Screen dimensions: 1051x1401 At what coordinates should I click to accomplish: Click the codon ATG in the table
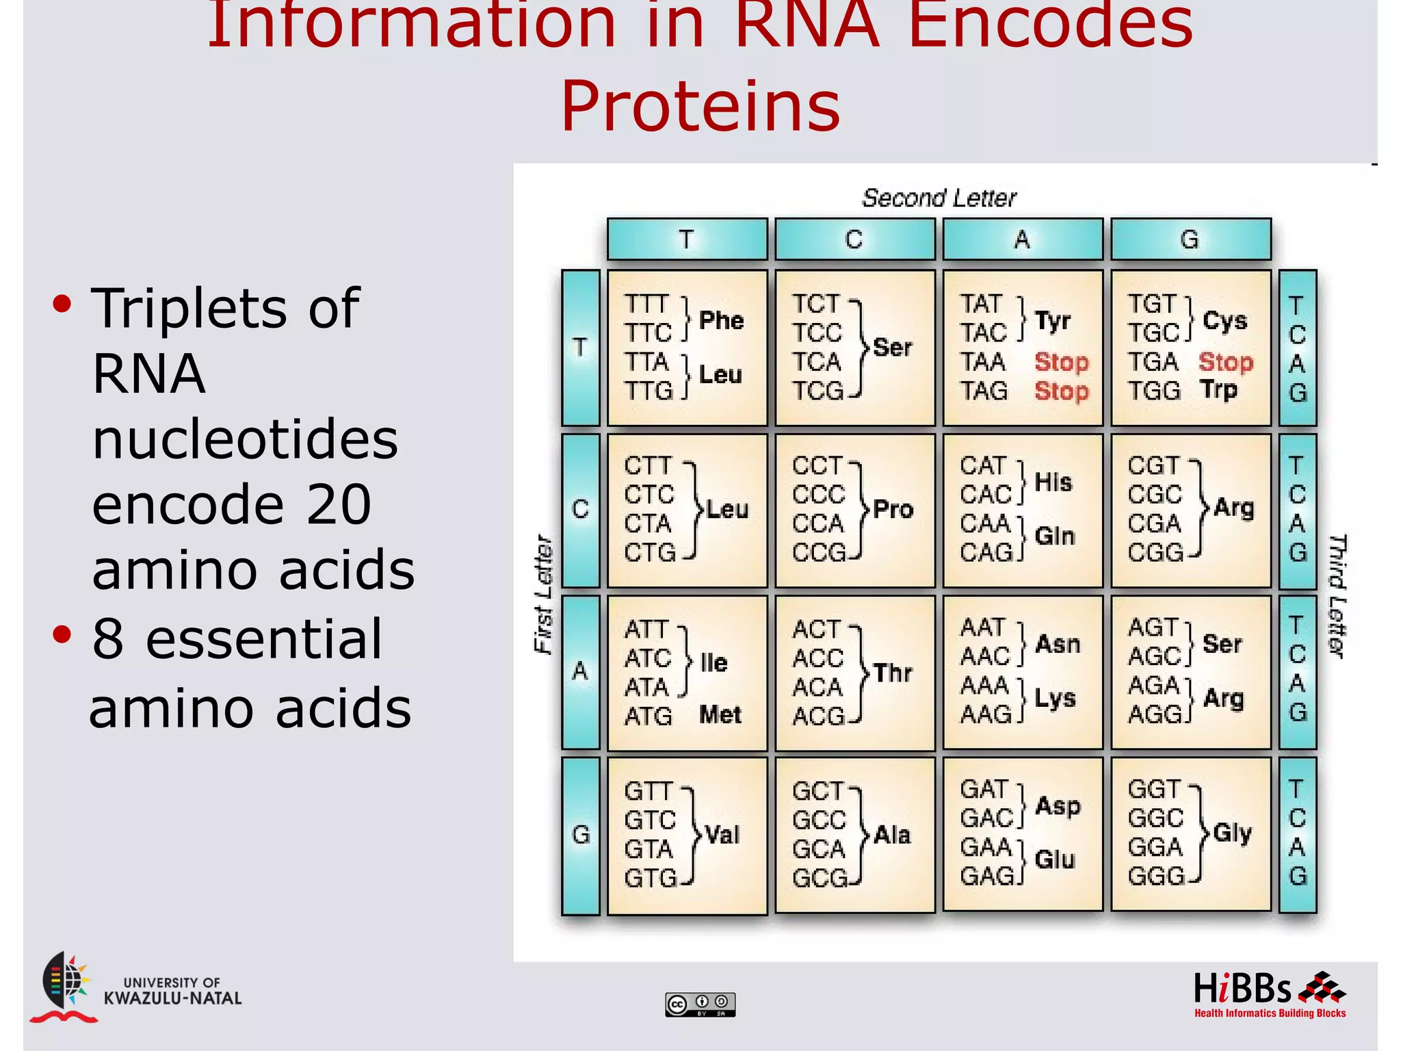pyautogui.click(x=649, y=716)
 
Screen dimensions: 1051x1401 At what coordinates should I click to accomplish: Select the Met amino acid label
pyautogui.click(x=720, y=715)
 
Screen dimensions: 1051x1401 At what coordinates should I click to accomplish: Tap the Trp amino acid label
pyautogui.click(x=1218, y=390)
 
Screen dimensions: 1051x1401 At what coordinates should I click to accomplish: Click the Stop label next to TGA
pyautogui.click(x=1226, y=362)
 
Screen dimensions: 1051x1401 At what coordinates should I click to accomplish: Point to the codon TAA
pyautogui.click(x=983, y=362)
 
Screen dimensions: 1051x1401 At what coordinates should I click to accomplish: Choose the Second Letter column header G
pyautogui.click(x=1190, y=239)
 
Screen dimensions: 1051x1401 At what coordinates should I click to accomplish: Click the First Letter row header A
pyautogui.click(x=580, y=671)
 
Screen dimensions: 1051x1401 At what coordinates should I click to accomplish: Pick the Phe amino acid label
pyautogui.click(x=721, y=320)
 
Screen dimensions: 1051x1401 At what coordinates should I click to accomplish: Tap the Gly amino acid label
pyautogui.click(x=1233, y=833)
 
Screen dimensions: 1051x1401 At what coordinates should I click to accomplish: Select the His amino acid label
pyautogui.click(x=1053, y=482)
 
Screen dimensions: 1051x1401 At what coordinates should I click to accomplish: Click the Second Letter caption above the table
pyautogui.click(x=939, y=198)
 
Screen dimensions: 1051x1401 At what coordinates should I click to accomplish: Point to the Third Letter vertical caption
pyautogui.click(x=1337, y=595)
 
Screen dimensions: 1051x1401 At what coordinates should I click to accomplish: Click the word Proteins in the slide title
pyautogui.click(x=700, y=107)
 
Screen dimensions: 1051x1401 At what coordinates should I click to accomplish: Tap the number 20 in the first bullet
pyautogui.click(x=339, y=504)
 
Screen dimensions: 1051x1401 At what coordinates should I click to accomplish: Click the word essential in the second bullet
pyautogui.click(x=263, y=638)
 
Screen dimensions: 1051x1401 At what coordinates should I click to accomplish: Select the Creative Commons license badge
pyautogui.click(x=700, y=1004)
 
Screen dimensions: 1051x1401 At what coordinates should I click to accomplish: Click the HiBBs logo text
pyautogui.click(x=1242, y=989)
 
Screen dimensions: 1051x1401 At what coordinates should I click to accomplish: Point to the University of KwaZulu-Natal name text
pyautogui.click(x=172, y=991)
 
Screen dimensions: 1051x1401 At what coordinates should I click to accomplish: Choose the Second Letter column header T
pyautogui.click(x=687, y=239)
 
